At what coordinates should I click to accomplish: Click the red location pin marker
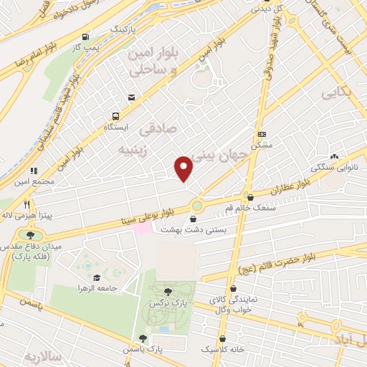pyautogui.click(x=184, y=167)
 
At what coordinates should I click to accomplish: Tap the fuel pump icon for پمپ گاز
pyautogui.click(x=86, y=37)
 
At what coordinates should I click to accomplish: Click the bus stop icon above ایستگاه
pyautogui.click(x=115, y=115)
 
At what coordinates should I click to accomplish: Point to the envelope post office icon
pyautogui.click(x=131, y=97)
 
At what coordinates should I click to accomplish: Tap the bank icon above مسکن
pyautogui.click(x=262, y=133)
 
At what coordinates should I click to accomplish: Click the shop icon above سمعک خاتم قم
pyautogui.click(x=250, y=196)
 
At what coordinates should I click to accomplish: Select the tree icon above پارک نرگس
pyautogui.click(x=168, y=291)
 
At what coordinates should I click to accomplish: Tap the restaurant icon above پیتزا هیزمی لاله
pyautogui.click(x=27, y=203)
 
